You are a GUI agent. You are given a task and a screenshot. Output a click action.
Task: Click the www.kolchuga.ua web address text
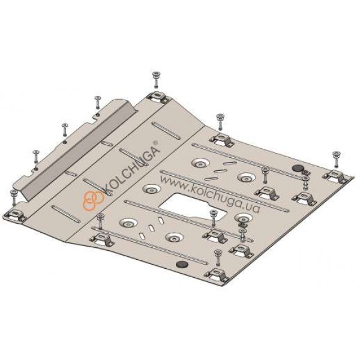pos(211,194)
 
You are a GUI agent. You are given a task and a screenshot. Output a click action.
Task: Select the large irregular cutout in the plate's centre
pos(194,207)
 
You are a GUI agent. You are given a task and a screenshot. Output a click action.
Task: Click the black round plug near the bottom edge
pos(182,264)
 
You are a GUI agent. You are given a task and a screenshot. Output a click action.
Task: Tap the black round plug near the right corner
pos(298,168)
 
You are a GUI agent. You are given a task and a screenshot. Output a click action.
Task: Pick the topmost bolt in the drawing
pos(157,79)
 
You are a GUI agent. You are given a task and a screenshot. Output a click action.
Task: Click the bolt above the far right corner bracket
pos(337,159)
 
